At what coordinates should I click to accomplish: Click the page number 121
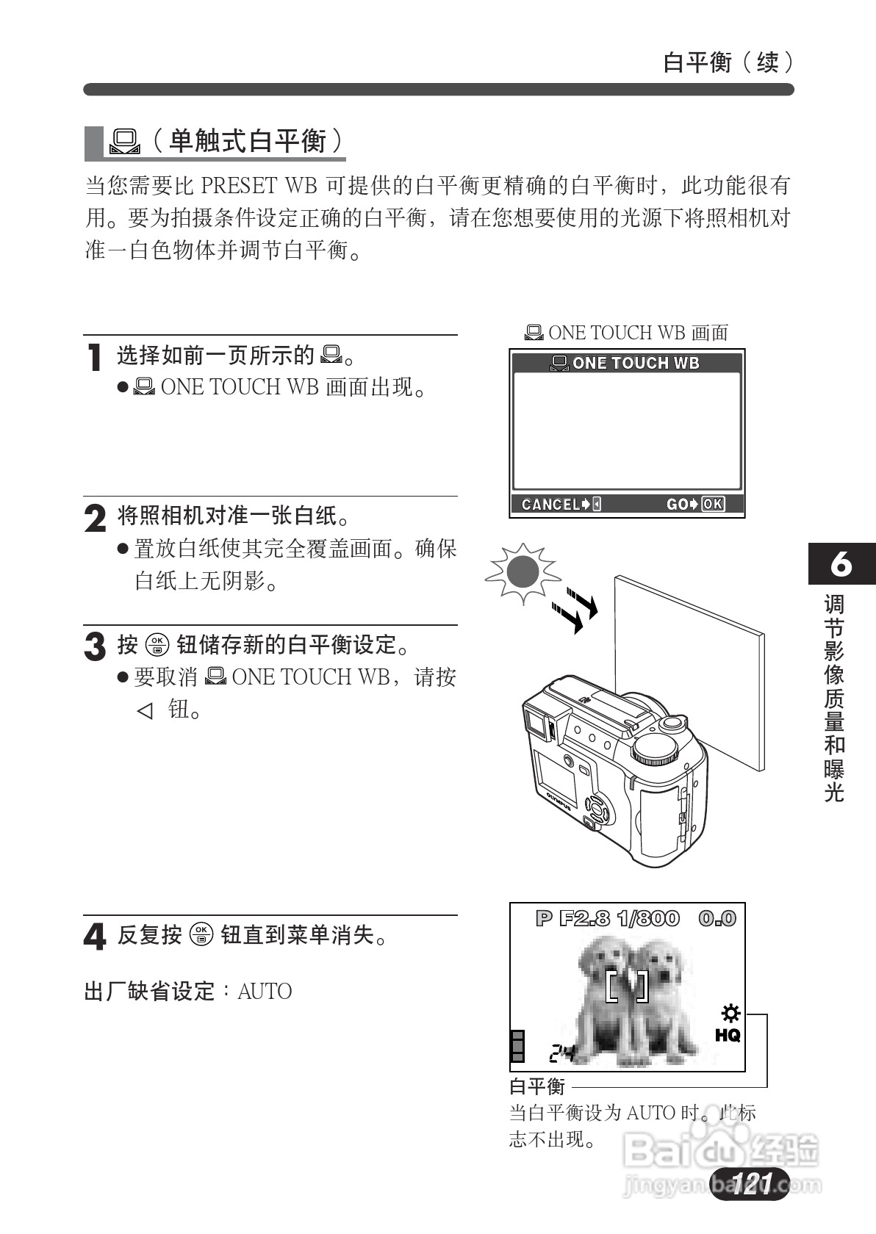[750, 1183]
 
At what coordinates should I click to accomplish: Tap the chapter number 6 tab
[841, 564]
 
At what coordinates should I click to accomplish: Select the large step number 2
[95, 519]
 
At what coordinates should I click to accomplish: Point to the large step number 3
[95, 647]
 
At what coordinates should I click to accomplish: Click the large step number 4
[95, 937]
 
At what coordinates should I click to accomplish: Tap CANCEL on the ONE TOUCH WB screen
[550, 504]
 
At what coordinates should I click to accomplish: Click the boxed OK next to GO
[713, 504]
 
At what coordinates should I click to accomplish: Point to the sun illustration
[523, 572]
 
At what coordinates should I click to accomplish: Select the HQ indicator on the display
[728, 1035]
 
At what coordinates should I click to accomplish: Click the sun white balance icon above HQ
[730, 1014]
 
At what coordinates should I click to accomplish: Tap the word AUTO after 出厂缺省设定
[265, 992]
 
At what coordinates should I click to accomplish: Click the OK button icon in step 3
[157, 645]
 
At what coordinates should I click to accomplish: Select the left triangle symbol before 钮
[145, 710]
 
